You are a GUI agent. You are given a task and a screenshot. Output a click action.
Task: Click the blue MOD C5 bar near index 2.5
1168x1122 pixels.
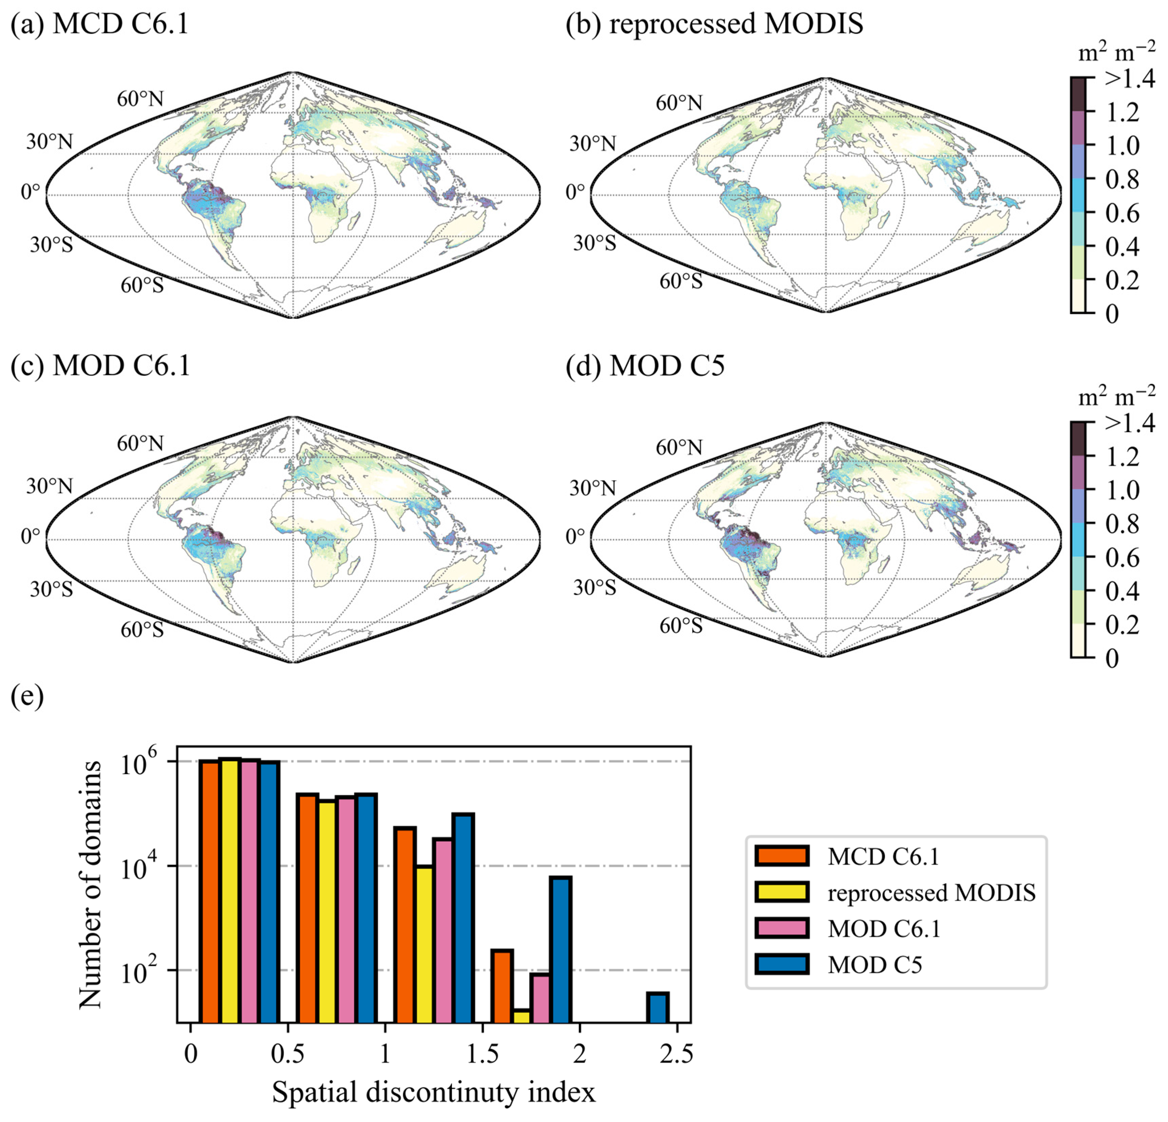point(658,1007)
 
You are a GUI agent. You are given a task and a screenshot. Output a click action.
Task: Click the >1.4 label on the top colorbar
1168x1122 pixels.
point(1129,78)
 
